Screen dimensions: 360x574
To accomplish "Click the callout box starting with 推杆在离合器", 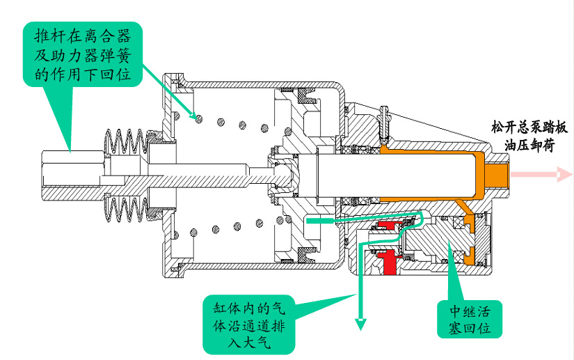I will (83, 53).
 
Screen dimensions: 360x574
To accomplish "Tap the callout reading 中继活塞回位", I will (470, 318).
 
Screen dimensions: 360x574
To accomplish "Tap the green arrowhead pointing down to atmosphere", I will (361, 322).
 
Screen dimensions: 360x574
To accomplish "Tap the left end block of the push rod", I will (70, 171).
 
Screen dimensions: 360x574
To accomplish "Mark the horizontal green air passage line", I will (334, 220).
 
